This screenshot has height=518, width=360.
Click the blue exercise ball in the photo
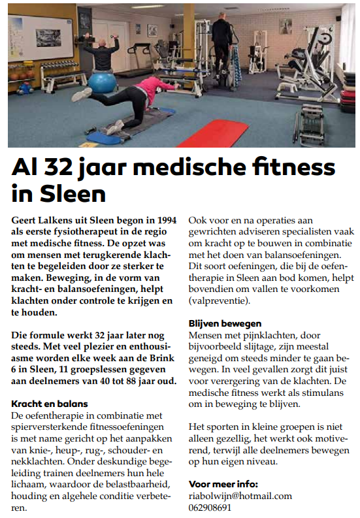click(x=103, y=83)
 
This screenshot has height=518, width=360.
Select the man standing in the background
click(x=222, y=50)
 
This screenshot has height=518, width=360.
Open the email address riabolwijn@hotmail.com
click(x=240, y=496)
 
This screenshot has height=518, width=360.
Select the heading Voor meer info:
click(x=223, y=484)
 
